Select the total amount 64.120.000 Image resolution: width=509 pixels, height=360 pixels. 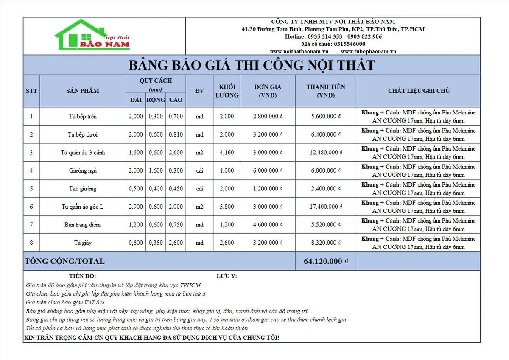[323, 261]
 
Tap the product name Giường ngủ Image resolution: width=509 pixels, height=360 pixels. [83, 170]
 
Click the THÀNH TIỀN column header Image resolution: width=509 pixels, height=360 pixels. [326, 91]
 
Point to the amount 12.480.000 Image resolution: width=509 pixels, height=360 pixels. [322, 153]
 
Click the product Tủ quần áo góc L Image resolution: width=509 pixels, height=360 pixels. [83, 207]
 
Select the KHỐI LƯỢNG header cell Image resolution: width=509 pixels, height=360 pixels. [227, 91]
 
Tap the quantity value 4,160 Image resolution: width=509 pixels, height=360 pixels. [227, 153]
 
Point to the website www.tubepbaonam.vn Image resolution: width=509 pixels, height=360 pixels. [369, 51]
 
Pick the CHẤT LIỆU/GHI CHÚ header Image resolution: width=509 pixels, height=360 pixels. [418, 91]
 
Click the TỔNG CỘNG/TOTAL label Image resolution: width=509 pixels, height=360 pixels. [65, 261]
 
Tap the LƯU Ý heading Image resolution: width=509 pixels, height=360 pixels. [227, 276]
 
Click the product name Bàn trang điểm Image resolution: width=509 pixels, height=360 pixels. [83, 225]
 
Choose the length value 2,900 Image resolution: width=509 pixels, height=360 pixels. [135, 207]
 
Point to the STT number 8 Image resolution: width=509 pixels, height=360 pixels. [31, 243]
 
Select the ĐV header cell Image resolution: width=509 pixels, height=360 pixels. [199, 91]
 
